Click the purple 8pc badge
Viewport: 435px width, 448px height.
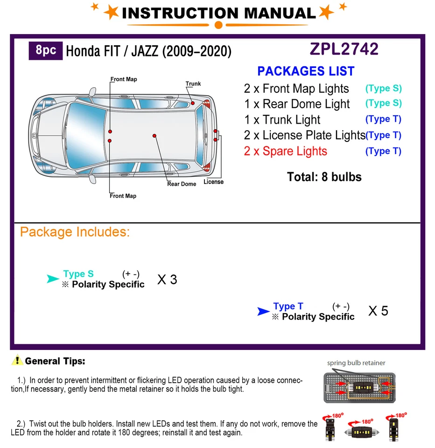tap(46, 50)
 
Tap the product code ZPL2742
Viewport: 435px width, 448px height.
tap(344, 49)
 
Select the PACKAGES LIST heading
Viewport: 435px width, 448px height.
tap(306, 71)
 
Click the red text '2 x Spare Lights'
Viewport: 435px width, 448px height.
tap(285, 151)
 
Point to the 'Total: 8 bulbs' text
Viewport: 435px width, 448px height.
tap(324, 177)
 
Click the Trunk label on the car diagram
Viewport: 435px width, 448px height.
tap(193, 84)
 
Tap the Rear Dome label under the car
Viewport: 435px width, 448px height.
tap(182, 184)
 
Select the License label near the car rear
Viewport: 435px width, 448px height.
tap(213, 182)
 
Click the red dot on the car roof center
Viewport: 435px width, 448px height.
tap(154, 136)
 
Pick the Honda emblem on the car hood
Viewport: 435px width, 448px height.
tap(33, 135)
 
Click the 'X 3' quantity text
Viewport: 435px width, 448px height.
tap(167, 280)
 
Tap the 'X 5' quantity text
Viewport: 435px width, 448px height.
tap(378, 311)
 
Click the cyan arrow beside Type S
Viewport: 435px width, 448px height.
tap(53, 279)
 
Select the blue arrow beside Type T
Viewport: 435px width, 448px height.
tap(263, 311)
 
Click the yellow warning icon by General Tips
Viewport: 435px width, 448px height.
tap(18, 360)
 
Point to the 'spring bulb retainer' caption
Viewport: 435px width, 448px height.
tap(356, 363)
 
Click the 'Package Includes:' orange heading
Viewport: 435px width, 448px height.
tap(75, 232)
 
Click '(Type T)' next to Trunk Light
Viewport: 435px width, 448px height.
tap(383, 119)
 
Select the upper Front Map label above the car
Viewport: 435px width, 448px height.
tap(124, 79)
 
